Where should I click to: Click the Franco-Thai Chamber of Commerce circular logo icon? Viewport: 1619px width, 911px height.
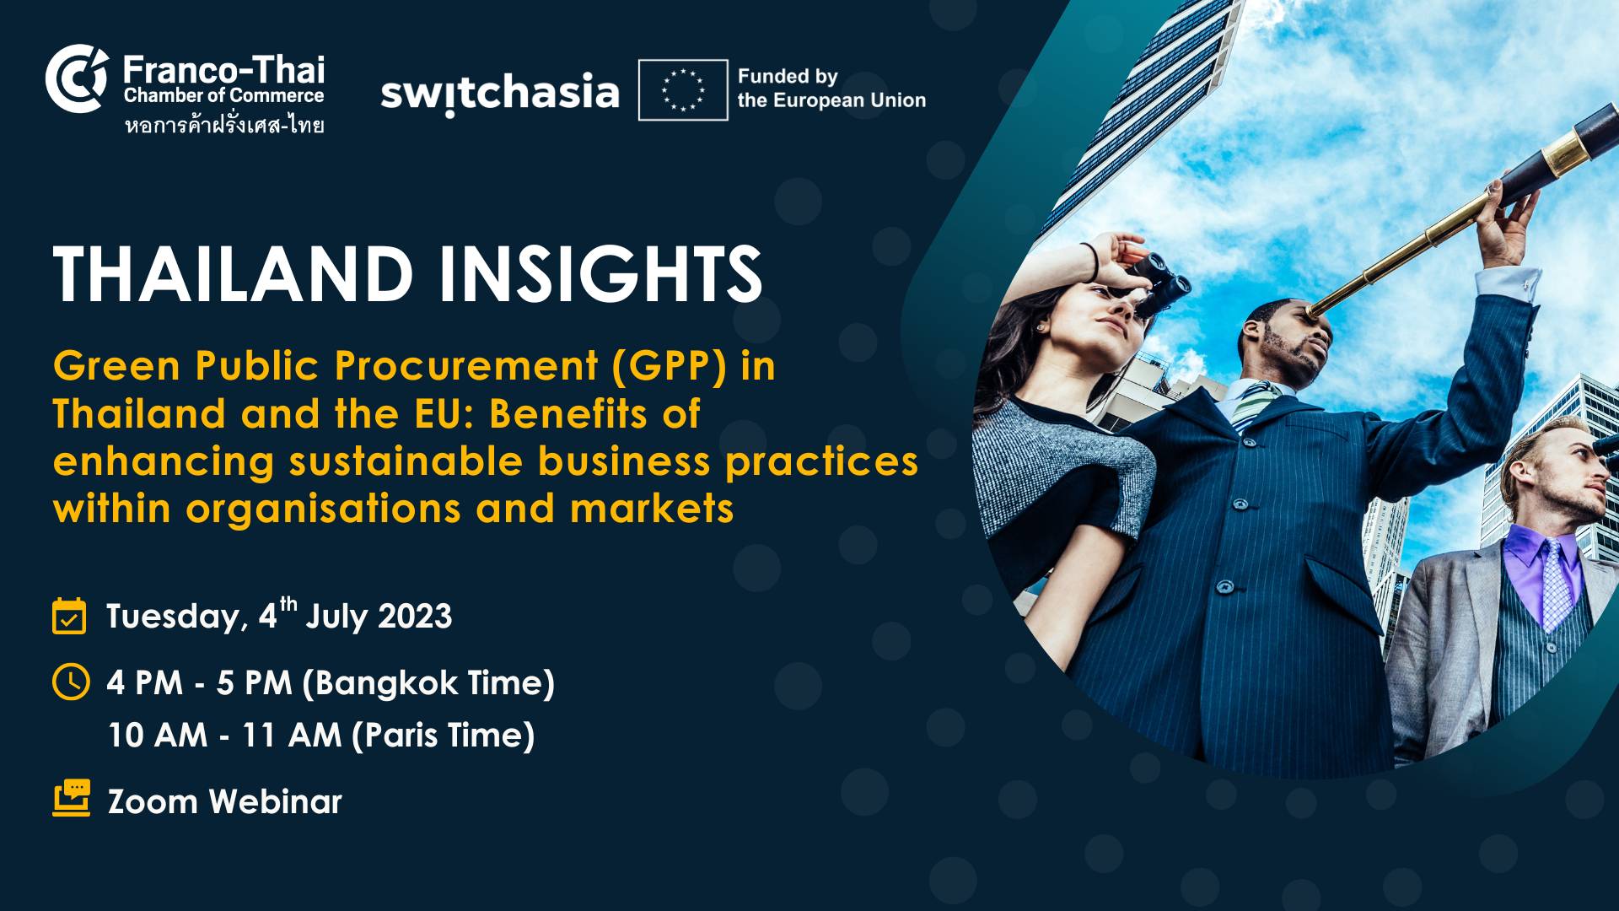point(77,78)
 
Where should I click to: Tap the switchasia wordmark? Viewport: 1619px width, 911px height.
point(499,93)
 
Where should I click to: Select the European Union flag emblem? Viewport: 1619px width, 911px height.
point(683,90)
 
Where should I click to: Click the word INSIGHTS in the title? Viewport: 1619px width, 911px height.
point(600,274)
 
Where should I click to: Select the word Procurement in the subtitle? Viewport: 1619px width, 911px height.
point(466,367)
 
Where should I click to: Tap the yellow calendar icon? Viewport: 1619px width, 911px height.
point(69,616)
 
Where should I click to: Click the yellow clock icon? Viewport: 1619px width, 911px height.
point(71,682)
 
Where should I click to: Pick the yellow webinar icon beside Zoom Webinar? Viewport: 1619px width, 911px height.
point(72,798)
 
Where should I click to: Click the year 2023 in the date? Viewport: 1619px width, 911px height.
point(415,617)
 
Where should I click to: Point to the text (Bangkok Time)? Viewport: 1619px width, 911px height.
point(428,683)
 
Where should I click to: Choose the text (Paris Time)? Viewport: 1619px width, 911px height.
point(444,736)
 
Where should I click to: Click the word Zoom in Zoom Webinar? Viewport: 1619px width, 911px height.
point(153,801)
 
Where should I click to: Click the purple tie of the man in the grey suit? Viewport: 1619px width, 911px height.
point(1555,582)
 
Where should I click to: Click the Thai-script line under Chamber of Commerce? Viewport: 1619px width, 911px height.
point(224,126)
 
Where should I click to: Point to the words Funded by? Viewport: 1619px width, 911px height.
point(788,77)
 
